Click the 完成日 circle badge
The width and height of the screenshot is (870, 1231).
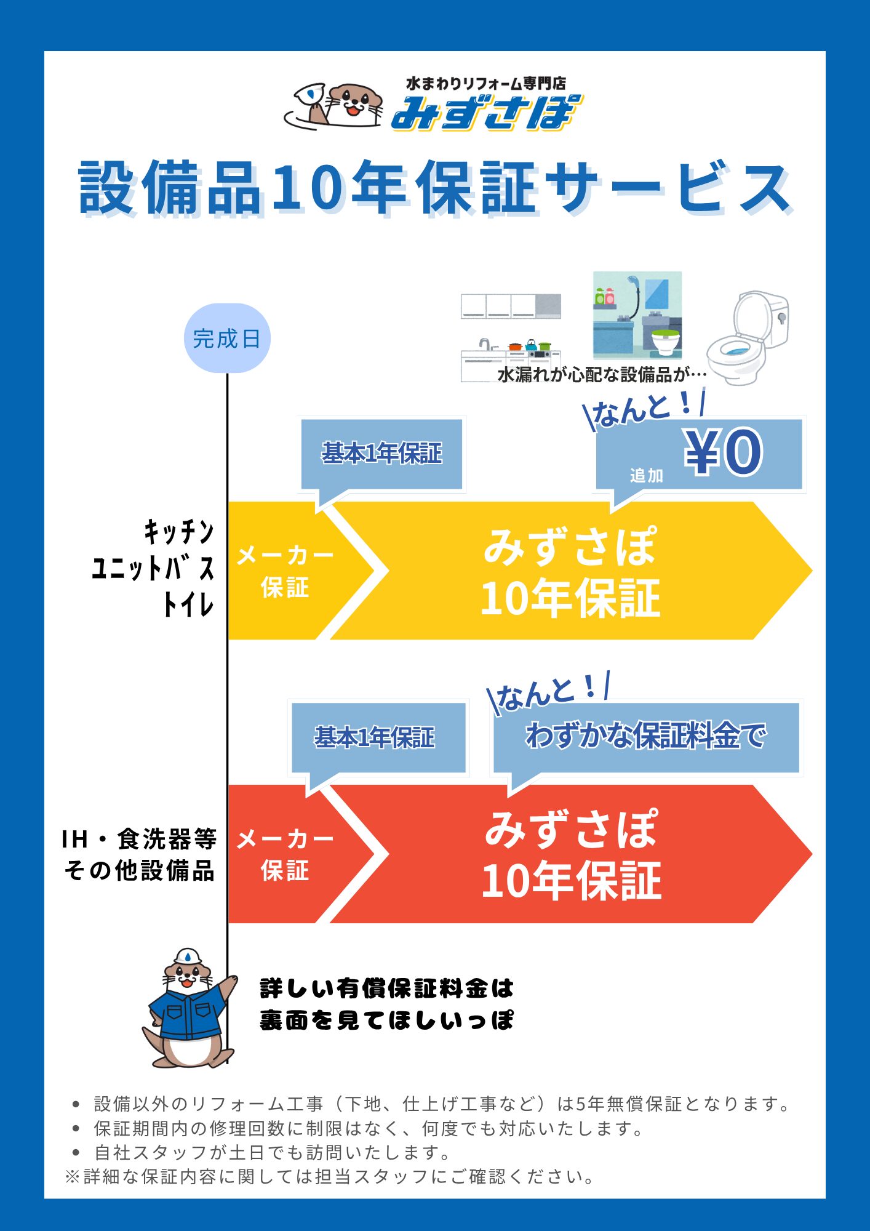[x=227, y=339]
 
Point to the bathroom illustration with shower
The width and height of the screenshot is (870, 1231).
[x=637, y=315]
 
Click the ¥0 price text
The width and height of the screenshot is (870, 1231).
[x=723, y=452]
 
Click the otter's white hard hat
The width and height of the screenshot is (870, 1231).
[x=188, y=956]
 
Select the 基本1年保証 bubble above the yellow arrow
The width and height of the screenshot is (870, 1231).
[x=381, y=454]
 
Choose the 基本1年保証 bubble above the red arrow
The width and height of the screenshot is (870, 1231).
[x=375, y=737]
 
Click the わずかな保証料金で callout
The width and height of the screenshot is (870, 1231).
[x=646, y=736]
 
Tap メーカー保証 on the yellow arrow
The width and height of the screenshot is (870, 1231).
[x=285, y=571]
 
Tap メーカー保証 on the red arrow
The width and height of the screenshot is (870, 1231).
[x=285, y=854]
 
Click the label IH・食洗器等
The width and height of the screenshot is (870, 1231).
[x=139, y=839]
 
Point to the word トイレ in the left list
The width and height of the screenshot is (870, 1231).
[x=188, y=604]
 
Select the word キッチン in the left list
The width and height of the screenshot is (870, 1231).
[x=179, y=531]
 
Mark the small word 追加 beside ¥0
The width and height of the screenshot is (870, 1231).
[x=646, y=475]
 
